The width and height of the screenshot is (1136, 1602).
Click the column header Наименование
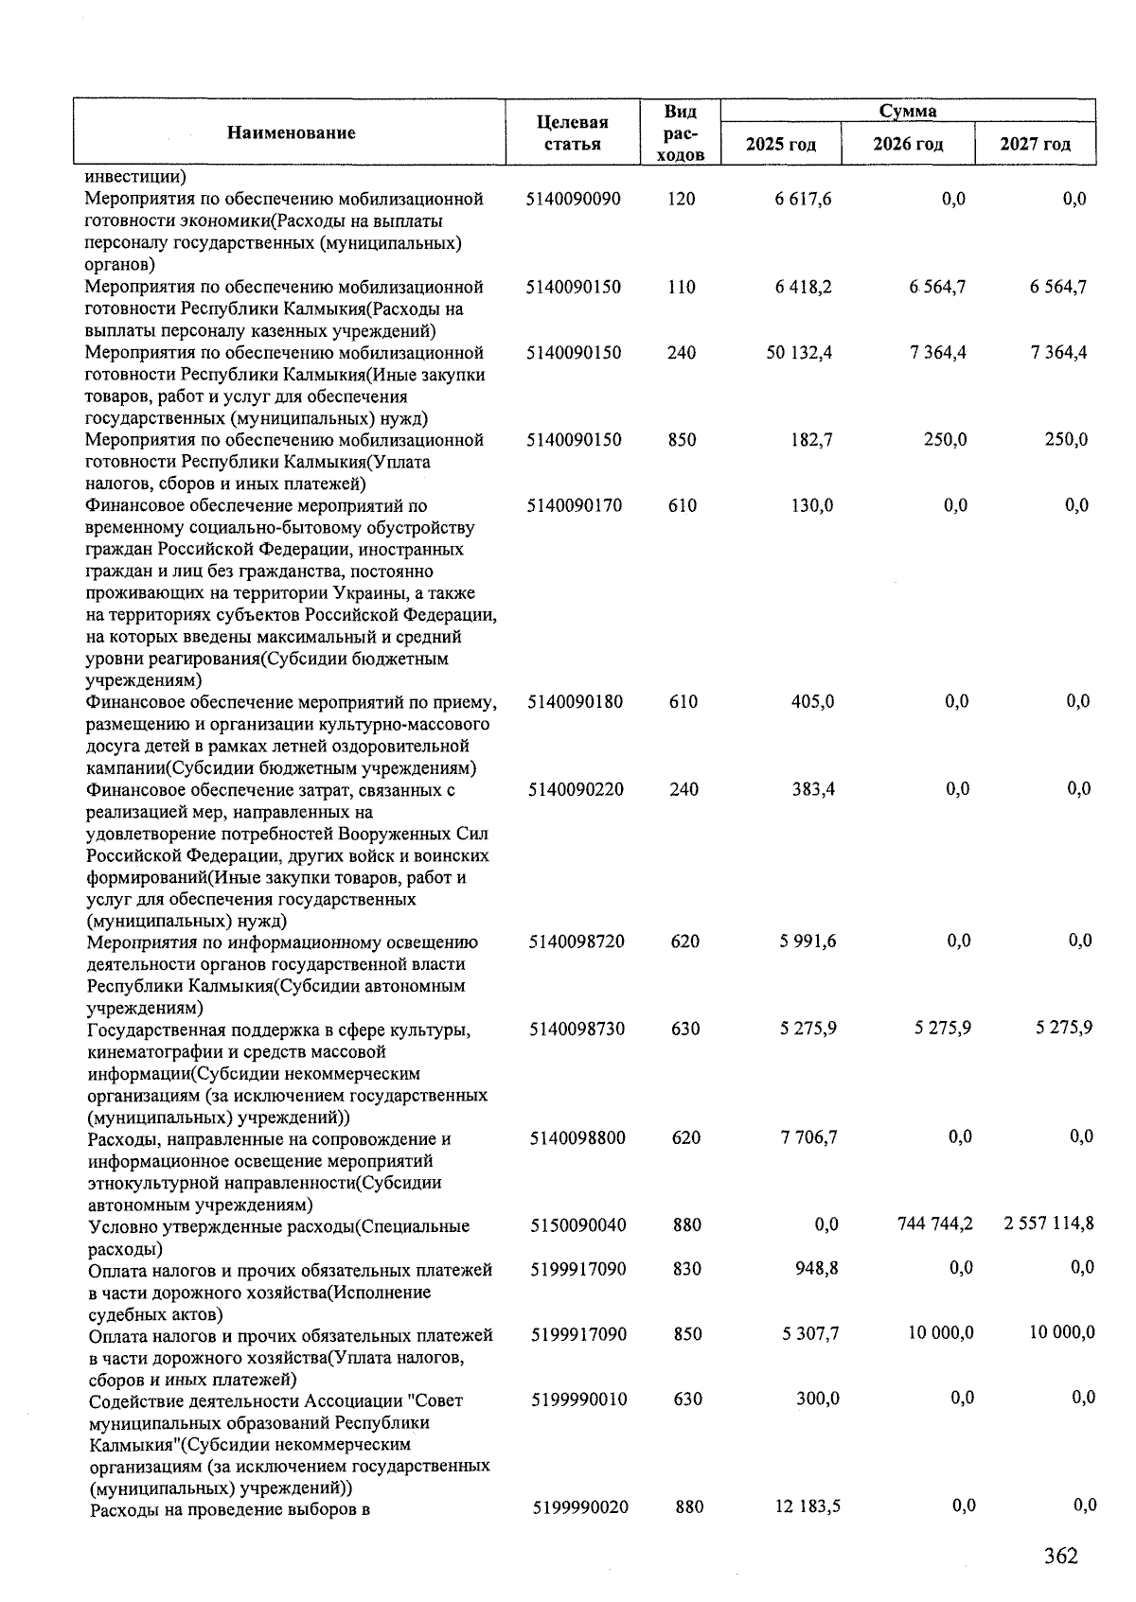click(291, 132)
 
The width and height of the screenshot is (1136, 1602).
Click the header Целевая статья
click(572, 133)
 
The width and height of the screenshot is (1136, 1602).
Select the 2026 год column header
click(908, 144)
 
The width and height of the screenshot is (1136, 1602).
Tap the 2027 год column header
click(1035, 144)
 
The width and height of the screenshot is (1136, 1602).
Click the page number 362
click(1060, 1556)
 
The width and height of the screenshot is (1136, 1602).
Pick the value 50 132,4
click(799, 353)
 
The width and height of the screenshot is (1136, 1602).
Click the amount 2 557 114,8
click(1049, 1224)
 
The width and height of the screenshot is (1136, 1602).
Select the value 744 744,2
click(934, 1224)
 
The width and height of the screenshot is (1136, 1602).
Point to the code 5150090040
click(577, 1225)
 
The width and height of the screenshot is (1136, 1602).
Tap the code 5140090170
click(575, 505)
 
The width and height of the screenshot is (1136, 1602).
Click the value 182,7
click(812, 440)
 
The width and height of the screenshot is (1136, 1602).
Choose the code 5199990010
click(578, 1400)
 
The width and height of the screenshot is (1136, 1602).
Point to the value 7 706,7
click(808, 1137)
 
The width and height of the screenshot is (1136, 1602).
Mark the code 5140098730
click(577, 1029)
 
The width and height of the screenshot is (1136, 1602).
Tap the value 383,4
click(813, 789)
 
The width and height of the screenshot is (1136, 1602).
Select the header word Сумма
click(907, 112)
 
